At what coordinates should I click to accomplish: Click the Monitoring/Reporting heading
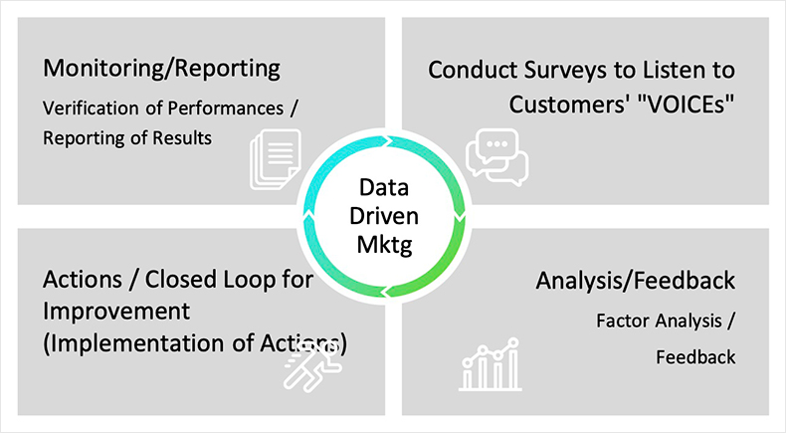click(161, 69)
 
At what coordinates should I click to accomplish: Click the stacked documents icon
click(276, 159)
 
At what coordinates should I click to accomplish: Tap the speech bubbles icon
click(496, 157)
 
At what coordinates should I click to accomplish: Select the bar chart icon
click(491, 364)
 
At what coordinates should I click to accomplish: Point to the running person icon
click(312, 366)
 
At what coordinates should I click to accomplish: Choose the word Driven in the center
click(384, 216)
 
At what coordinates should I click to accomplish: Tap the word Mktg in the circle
click(384, 245)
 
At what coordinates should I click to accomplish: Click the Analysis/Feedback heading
click(635, 281)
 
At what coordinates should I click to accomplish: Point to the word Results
click(182, 138)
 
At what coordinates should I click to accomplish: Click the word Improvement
click(116, 313)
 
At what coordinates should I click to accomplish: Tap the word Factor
click(620, 321)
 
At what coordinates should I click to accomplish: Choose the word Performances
click(226, 108)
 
